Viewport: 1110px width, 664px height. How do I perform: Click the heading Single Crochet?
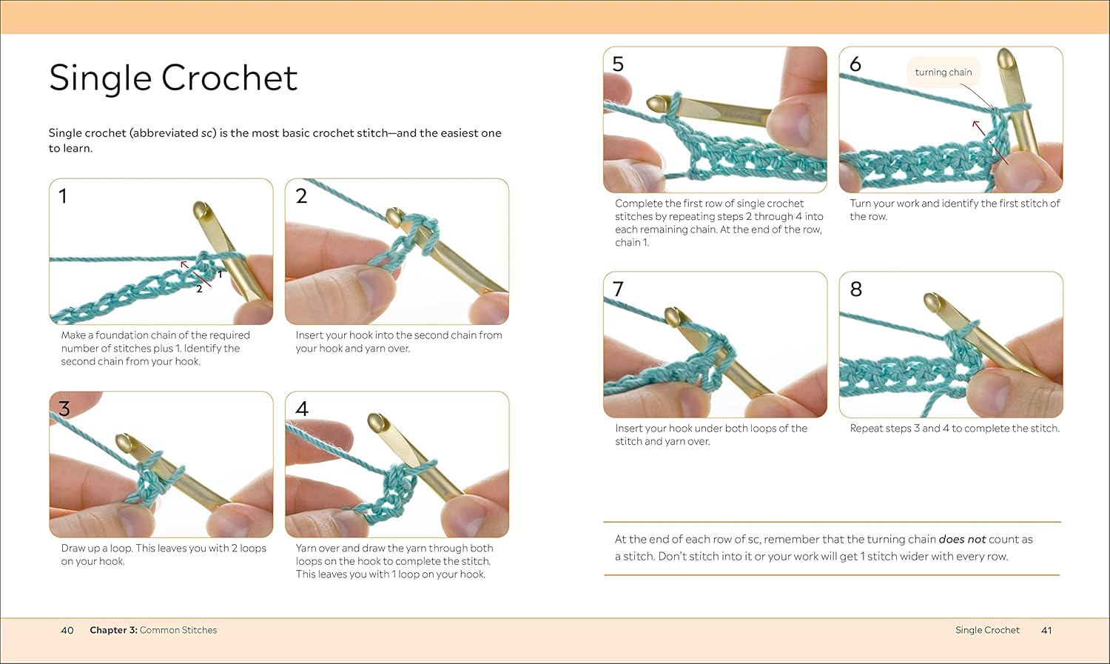(173, 78)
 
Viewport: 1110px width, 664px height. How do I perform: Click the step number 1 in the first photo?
(63, 196)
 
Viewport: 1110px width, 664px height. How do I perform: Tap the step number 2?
(301, 196)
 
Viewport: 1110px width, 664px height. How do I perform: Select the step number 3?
(64, 409)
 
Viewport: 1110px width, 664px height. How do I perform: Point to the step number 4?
(302, 409)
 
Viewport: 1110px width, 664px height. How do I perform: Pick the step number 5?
(618, 64)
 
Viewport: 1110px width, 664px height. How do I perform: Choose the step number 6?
(855, 64)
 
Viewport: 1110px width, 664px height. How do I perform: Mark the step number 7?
(618, 289)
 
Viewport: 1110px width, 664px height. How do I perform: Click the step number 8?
(856, 289)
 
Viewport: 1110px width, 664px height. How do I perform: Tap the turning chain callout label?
(943, 73)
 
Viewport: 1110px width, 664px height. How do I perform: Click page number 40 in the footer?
(67, 630)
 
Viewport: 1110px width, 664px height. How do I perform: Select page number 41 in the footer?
(1046, 630)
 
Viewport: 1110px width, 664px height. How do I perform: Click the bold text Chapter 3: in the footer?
(113, 630)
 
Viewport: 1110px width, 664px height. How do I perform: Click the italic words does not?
(962, 540)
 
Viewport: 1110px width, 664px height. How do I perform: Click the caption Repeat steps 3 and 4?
(954, 429)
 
